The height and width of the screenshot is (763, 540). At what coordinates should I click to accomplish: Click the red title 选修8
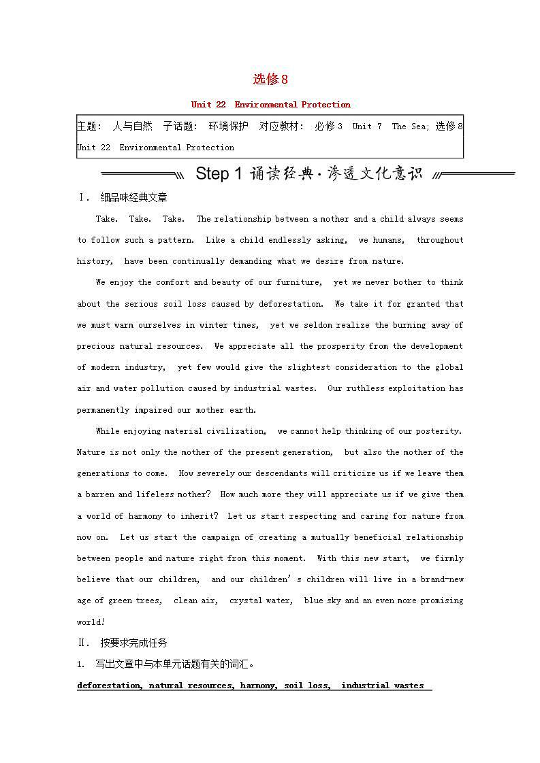click(270, 80)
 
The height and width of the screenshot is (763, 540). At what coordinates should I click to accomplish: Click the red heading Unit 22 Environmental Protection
click(270, 105)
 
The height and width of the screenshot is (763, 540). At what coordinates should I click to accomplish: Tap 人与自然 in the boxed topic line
click(132, 126)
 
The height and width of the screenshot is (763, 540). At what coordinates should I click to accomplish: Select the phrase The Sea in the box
click(409, 126)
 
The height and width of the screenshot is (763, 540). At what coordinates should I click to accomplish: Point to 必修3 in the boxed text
click(328, 126)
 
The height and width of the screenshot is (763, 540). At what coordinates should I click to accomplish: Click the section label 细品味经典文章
click(133, 198)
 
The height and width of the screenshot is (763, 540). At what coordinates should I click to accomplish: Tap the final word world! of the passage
click(91, 622)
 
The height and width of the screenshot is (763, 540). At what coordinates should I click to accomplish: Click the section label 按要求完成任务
click(133, 643)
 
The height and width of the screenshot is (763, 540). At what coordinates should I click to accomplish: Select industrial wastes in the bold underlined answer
click(382, 685)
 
